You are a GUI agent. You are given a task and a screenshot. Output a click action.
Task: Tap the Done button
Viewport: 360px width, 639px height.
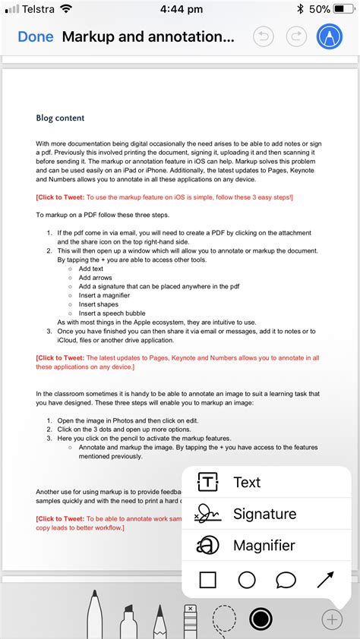[36, 36]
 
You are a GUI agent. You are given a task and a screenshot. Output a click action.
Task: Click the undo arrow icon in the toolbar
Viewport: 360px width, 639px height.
[263, 36]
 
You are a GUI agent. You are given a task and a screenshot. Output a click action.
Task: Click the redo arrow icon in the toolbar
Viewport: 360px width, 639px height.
[296, 36]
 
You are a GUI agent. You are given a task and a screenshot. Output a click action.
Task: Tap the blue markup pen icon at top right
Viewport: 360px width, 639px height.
[329, 36]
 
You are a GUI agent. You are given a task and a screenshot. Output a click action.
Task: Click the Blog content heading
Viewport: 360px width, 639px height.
[60, 118]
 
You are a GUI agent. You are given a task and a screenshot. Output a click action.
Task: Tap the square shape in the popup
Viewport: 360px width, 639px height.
[207, 581]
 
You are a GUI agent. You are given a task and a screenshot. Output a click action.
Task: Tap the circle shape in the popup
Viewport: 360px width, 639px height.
[247, 581]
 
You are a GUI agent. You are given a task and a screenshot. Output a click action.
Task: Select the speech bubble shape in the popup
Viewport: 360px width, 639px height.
[286, 581]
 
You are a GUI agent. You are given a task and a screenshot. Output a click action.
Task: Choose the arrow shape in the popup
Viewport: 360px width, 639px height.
[325, 581]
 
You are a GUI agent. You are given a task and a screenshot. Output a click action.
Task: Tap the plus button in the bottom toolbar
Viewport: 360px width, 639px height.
[332, 619]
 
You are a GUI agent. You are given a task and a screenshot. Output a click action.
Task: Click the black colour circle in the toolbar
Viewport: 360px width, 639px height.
[261, 619]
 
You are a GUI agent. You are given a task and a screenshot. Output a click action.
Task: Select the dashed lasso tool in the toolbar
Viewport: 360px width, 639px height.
[224, 619]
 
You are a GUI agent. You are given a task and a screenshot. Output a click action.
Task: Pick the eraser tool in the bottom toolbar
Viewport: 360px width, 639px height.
[190, 619]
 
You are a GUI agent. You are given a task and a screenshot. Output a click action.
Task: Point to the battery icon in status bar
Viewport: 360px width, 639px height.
[345, 9]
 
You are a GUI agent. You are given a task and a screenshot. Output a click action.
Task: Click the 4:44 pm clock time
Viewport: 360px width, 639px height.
[182, 9]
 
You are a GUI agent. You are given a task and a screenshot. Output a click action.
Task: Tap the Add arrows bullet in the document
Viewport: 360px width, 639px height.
[95, 278]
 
